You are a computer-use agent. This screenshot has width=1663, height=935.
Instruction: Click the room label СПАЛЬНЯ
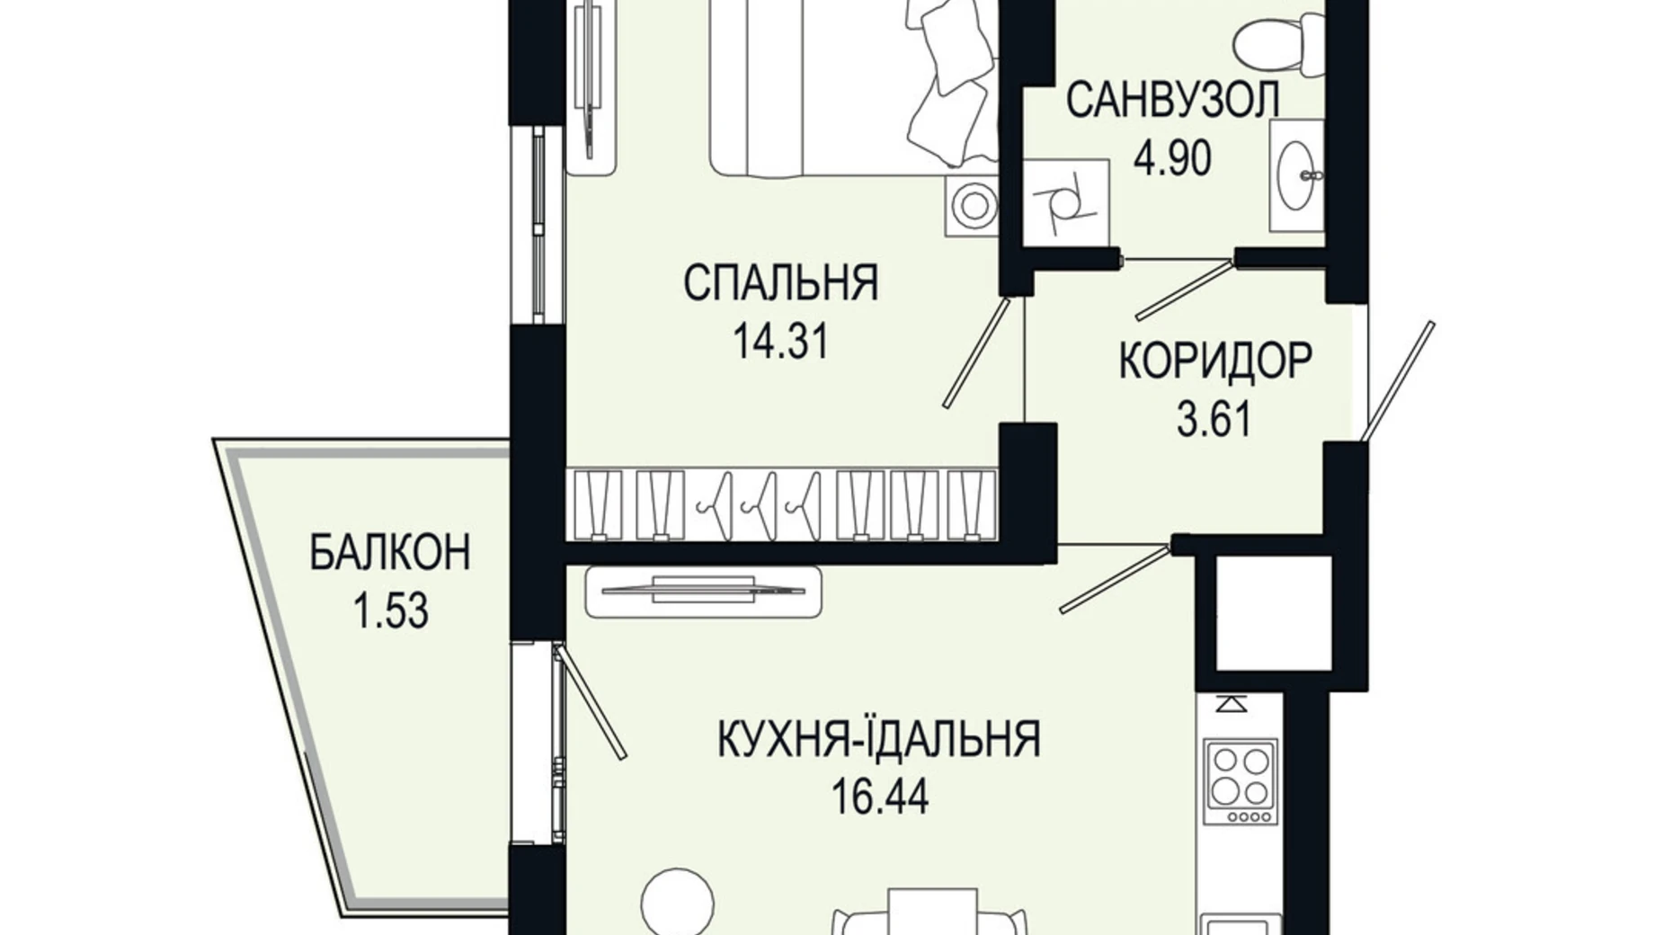pos(780,283)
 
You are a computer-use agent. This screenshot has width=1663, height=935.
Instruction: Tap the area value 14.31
pos(780,342)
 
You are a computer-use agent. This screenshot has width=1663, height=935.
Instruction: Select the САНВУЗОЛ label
pos(1172,100)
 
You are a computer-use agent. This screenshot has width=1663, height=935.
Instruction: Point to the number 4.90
pos(1172,157)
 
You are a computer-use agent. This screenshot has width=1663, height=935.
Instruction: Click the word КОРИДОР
pos(1215,361)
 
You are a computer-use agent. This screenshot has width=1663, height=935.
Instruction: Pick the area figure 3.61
pos(1215,419)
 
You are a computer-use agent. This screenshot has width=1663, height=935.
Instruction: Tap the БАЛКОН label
pos(390,552)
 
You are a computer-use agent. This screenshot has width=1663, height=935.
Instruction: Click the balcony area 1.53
pos(390,611)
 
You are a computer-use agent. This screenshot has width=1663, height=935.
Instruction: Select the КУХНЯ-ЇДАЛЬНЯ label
pos(879,740)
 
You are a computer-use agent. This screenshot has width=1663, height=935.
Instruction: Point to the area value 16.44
pos(879,797)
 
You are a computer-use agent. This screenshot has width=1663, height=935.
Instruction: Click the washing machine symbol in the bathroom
pos(1066,203)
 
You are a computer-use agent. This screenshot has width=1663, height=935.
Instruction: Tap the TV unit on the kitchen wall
pos(703,592)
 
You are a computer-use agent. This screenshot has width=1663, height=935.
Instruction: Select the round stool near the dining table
pos(679,899)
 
